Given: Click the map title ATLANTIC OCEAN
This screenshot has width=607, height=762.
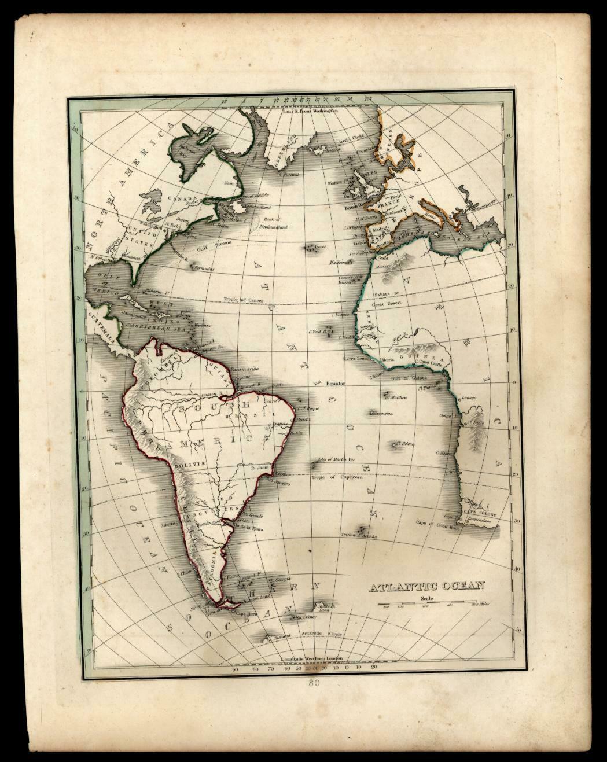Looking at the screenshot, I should pos(426,586).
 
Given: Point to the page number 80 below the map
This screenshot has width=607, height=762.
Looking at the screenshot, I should pos(314,683).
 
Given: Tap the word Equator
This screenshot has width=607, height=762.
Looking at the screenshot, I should pos(336,383).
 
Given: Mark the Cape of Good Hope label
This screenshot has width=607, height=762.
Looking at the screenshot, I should pos(436,523).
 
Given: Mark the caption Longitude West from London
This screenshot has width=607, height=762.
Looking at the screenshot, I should pos(311,658).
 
